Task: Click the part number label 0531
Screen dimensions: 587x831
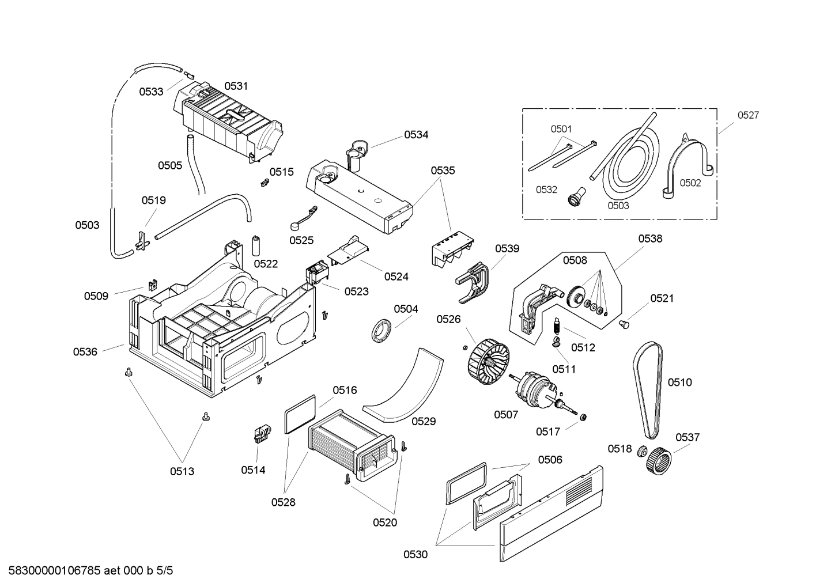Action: pos(236,86)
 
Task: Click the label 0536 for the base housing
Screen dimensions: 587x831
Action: pos(85,351)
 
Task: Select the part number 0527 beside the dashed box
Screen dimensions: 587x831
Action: pos(748,115)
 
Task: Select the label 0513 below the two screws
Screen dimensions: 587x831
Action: pos(182,471)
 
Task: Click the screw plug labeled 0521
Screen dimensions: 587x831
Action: pos(623,325)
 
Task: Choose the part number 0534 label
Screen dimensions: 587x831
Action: pos(416,135)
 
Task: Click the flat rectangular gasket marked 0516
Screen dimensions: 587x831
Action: pos(301,414)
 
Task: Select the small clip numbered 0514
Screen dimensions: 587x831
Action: pos(261,433)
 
